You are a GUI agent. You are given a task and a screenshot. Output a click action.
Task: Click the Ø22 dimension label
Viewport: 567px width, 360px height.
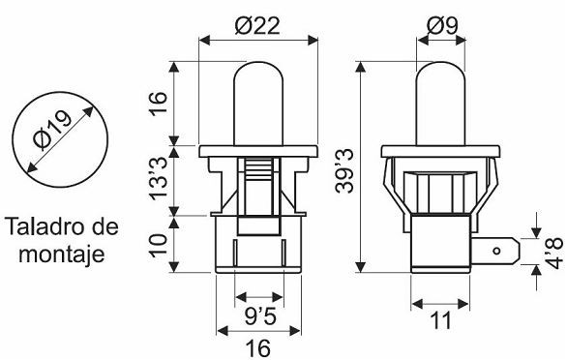click(257, 26)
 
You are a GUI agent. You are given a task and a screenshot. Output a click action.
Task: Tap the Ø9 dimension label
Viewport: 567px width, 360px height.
click(442, 25)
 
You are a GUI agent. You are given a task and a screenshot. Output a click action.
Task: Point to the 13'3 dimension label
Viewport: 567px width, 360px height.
click(159, 179)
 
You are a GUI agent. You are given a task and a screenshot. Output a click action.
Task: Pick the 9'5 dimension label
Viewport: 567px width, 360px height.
click(260, 316)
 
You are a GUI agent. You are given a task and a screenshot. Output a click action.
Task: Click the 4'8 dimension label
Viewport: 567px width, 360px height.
click(554, 253)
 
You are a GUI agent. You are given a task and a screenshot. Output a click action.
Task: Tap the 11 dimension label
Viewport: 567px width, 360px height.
click(441, 320)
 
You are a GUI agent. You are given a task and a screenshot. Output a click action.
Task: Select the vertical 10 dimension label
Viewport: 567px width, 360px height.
click(159, 246)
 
